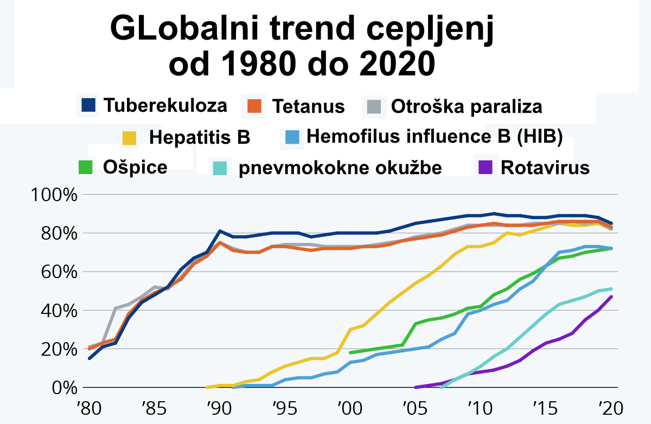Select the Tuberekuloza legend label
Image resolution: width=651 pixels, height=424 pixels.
[165, 105]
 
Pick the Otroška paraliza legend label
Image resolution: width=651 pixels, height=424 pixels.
[466, 106]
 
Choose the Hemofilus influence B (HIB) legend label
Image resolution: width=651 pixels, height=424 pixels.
[434, 136]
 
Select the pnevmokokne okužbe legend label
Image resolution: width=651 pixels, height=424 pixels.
[340, 168]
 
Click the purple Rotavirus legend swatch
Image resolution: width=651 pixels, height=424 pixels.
[485, 167]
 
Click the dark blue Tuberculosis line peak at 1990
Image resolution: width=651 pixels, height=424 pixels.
[220, 231]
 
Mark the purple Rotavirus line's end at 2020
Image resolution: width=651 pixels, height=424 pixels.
[612, 297]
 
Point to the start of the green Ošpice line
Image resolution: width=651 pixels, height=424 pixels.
[350, 352]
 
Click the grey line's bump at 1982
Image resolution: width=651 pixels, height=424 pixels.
[116, 309]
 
